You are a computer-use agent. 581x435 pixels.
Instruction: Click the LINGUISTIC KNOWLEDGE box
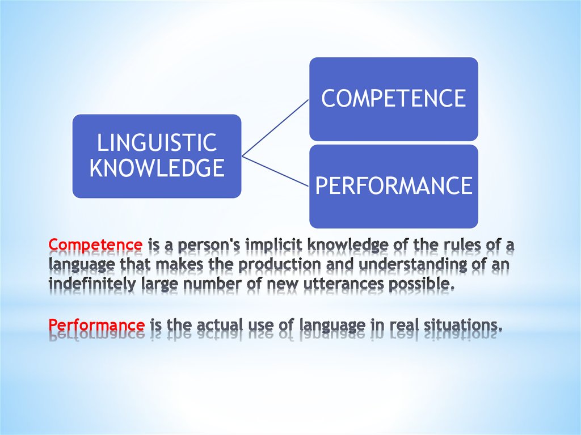pos(157,156)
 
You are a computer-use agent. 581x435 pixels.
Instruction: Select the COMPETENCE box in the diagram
pos(394,99)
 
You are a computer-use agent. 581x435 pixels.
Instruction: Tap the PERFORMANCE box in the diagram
pos(394,187)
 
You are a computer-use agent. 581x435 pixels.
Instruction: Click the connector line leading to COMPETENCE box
pos(275,128)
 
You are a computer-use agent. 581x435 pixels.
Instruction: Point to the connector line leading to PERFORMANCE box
pos(275,171)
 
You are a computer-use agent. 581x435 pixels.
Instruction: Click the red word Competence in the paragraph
pos(95,246)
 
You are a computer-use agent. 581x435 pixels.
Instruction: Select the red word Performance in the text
pos(96,324)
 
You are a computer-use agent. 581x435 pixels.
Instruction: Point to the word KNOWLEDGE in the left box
pos(157,168)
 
